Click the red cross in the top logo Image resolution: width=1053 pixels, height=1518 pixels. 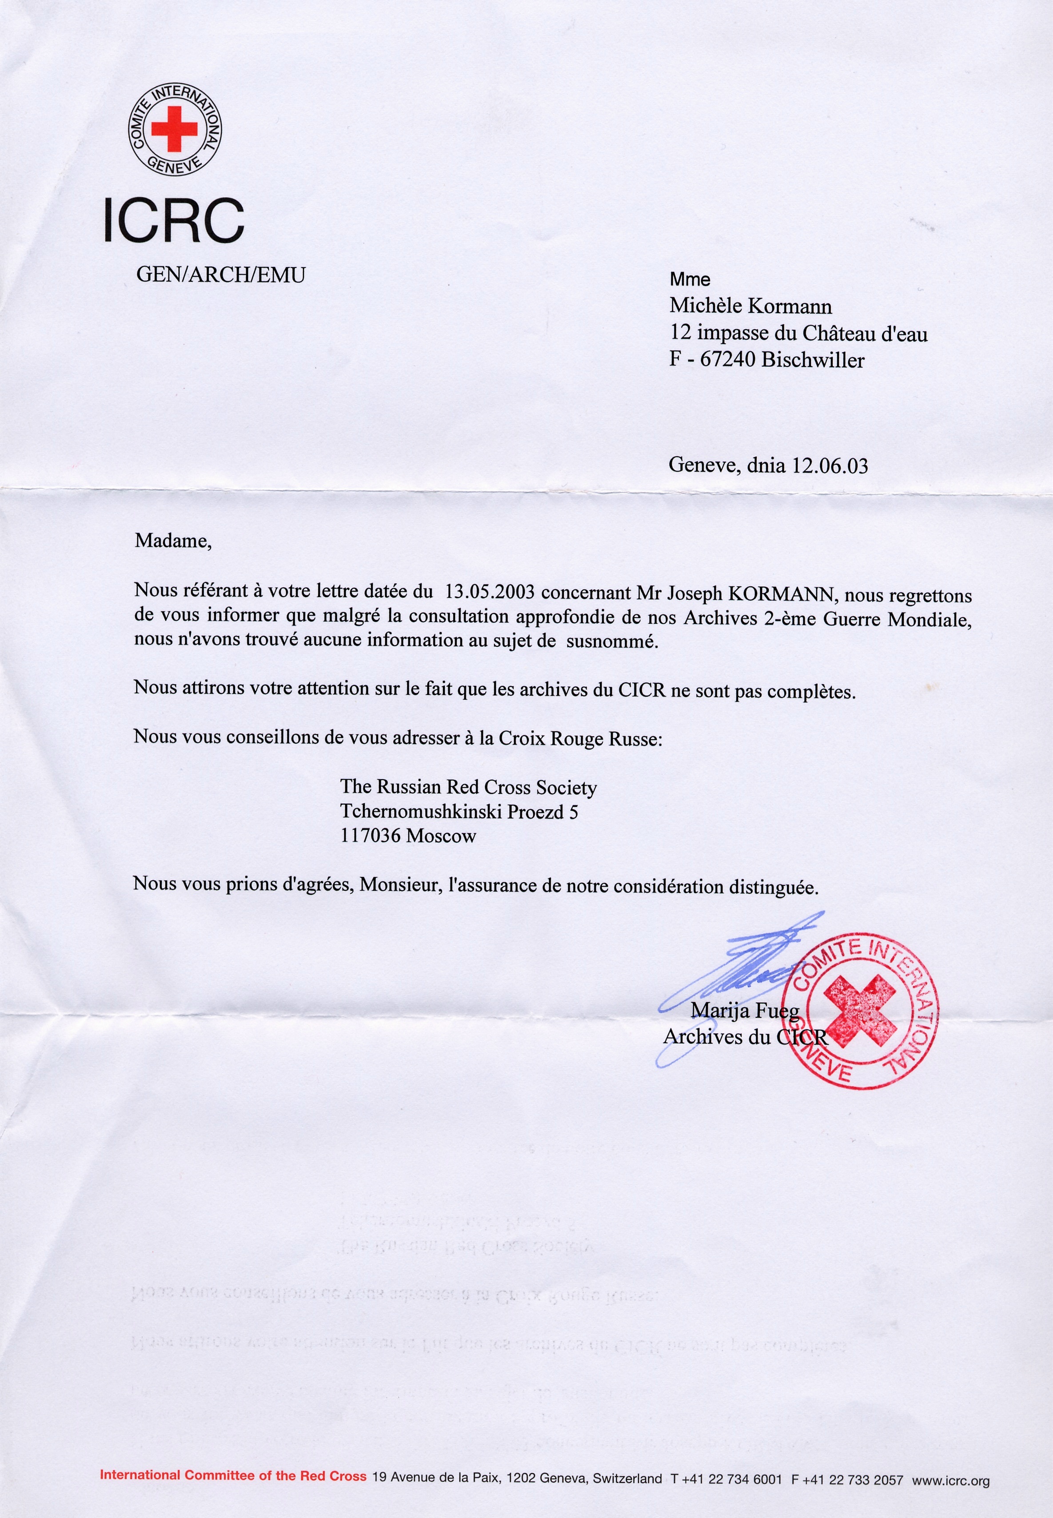point(174,128)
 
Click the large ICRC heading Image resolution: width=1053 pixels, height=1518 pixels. point(174,220)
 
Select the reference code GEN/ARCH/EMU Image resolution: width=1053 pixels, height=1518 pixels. point(220,275)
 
